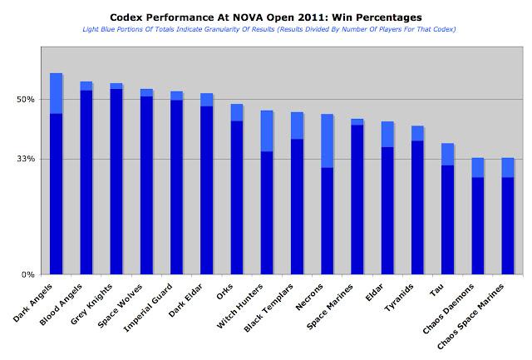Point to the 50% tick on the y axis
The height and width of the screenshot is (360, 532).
tap(24, 100)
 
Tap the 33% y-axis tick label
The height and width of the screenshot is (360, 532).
tap(24, 159)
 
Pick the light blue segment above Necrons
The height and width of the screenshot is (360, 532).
tap(328, 141)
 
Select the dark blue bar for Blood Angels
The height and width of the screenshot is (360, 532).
tap(86, 182)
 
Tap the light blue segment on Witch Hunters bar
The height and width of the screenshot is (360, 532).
tap(267, 131)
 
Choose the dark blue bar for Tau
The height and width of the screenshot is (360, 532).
tap(447, 219)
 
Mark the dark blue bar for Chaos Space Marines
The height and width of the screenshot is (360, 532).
tap(507, 225)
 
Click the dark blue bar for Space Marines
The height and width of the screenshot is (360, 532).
tap(357, 200)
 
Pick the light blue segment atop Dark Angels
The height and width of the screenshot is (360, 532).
tap(57, 93)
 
